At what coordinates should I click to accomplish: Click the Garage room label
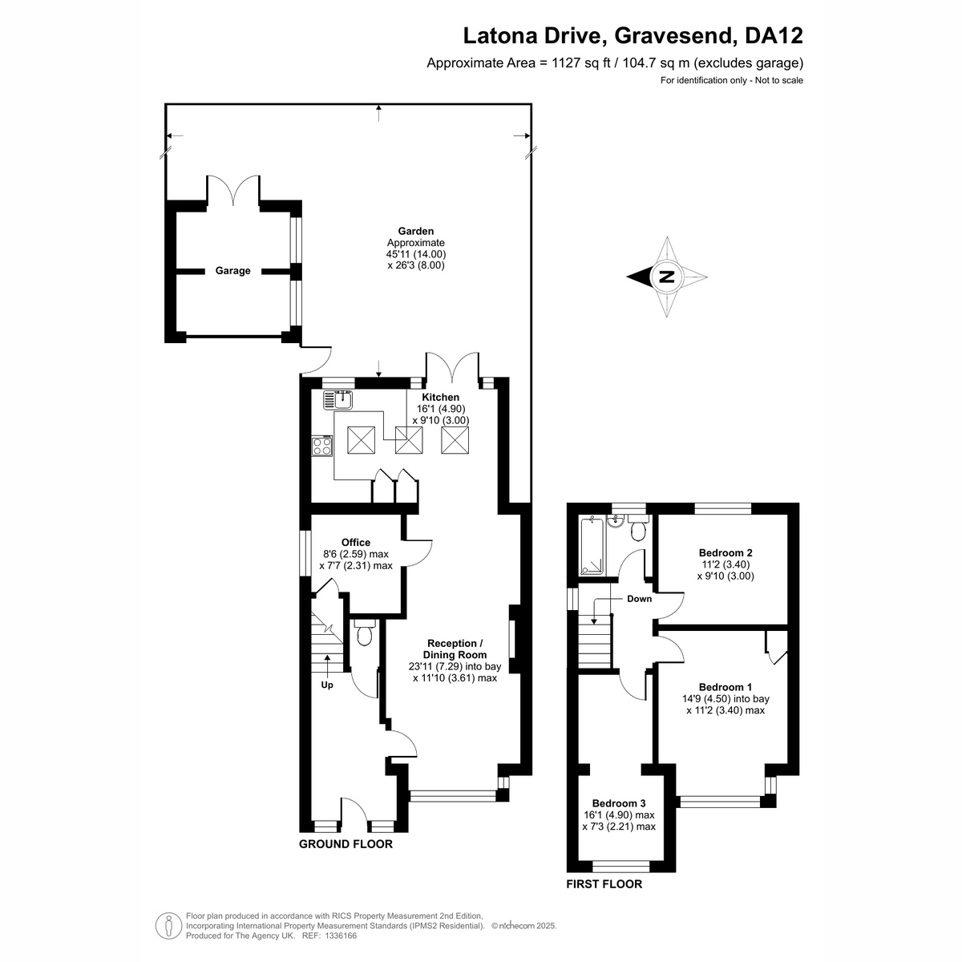click(232, 271)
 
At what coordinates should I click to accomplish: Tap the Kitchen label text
click(440, 398)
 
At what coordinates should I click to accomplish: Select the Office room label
click(355, 542)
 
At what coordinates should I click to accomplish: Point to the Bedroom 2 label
click(726, 552)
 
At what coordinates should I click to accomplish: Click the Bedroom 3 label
click(619, 803)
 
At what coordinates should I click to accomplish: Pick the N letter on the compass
click(666, 277)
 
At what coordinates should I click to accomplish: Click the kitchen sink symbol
click(338, 400)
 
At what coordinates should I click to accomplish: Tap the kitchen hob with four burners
click(322, 446)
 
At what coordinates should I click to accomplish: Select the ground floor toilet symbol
click(365, 632)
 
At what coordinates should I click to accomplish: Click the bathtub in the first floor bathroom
click(592, 546)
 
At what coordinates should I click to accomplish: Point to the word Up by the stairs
click(327, 685)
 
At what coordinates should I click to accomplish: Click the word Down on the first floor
click(639, 599)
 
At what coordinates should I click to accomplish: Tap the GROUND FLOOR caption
click(346, 843)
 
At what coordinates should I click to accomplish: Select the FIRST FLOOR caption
click(604, 884)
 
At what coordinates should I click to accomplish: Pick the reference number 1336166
click(341, 936)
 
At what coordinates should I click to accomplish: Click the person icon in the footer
click(168, 927)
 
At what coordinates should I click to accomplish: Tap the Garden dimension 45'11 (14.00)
click(416, 253)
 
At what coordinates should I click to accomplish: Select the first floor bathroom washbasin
click(616, 522)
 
